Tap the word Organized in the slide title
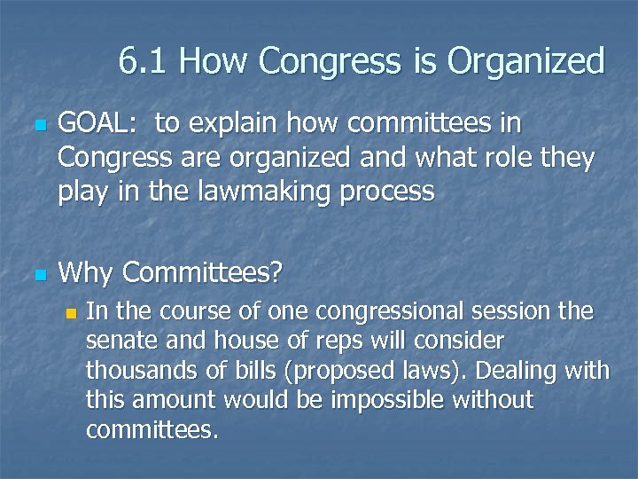click(x=525, y=63)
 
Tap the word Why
click(x=86, y=273)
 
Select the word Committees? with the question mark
click(x=202, y=273)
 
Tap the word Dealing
click(x=511, y=371)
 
